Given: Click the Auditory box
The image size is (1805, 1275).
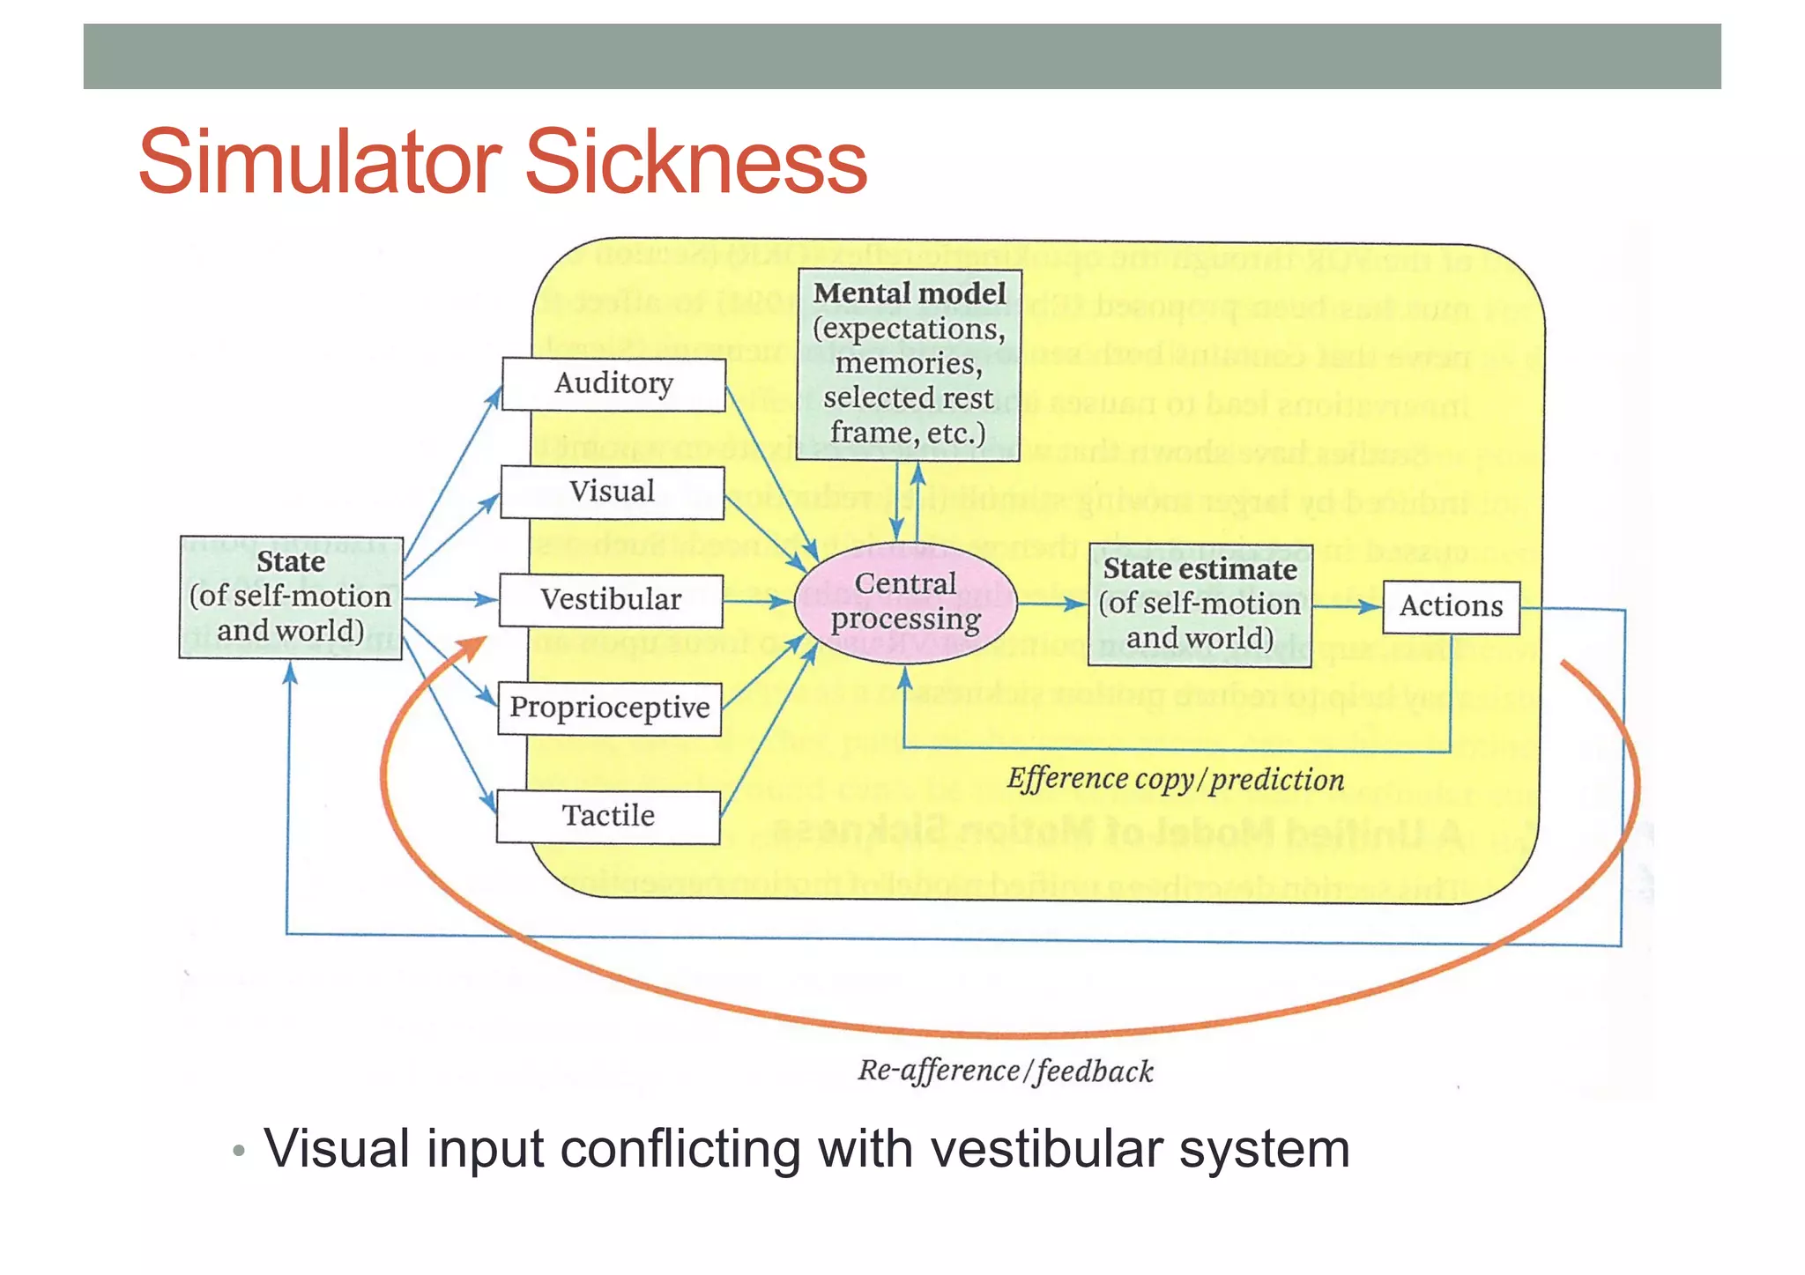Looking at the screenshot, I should [613, 384].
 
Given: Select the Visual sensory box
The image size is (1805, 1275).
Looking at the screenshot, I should [612, 492].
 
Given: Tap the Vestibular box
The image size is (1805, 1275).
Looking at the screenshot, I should [611, 600].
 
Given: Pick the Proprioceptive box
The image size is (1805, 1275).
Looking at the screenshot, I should [609, 708].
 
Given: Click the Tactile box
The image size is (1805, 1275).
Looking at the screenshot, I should [608, 816].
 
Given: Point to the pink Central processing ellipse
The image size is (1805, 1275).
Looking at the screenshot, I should [906, 602].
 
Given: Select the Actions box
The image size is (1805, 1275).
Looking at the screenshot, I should [1451, 607].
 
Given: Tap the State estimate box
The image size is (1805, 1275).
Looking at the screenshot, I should [1200, 604].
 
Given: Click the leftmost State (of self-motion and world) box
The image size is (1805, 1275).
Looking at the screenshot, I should [291, 597].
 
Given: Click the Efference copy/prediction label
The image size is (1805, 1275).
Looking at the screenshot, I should [1175, 780].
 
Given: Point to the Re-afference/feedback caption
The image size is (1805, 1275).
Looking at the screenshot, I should [1005, 1071].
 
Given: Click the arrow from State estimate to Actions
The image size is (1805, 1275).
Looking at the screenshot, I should [1347, 607].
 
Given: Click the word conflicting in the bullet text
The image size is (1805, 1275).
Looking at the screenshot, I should [679, 1150].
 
